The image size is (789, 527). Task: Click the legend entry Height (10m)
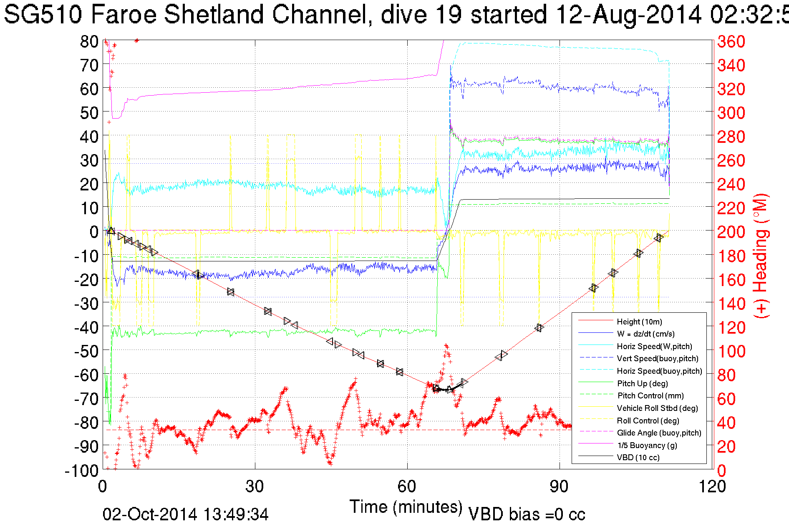coord(639,322)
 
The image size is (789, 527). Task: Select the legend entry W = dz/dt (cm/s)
coord(645,334)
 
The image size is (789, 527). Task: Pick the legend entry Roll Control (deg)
coord(648,421)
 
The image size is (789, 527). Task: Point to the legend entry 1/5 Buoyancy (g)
coord(647,445)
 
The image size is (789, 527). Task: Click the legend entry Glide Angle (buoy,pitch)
coord(659,433)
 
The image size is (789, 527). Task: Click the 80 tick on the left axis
coord(89,41)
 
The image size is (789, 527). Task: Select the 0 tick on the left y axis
coord(94,232)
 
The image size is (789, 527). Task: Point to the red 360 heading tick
coord(731,41)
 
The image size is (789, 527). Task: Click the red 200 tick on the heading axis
coord(731,232)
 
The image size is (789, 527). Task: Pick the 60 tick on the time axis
coord(407,486)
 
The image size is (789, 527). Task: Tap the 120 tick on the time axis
coord(711,486)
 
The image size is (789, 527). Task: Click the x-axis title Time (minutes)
coord(406,507)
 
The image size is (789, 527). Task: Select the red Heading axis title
coord(760,256)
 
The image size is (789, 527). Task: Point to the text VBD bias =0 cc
coord(527,514)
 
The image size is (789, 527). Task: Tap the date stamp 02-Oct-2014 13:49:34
coord(186,514)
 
